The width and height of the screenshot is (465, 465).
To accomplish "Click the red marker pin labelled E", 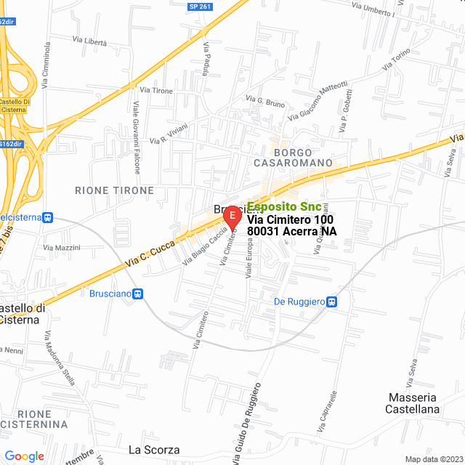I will point(232,216).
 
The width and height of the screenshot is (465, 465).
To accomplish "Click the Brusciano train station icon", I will point(138,294).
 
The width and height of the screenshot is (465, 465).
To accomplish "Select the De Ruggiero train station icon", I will point(331,302).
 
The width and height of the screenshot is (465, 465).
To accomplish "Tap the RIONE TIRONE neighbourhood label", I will point(115,190).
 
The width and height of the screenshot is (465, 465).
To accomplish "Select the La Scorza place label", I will point(153,450).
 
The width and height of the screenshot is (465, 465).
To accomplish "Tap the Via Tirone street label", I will point(157,90).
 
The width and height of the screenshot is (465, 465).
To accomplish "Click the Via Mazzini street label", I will point(62,248).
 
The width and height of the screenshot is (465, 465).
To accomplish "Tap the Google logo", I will point(24,456).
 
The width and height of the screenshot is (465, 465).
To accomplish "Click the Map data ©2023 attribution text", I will point(433,459).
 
